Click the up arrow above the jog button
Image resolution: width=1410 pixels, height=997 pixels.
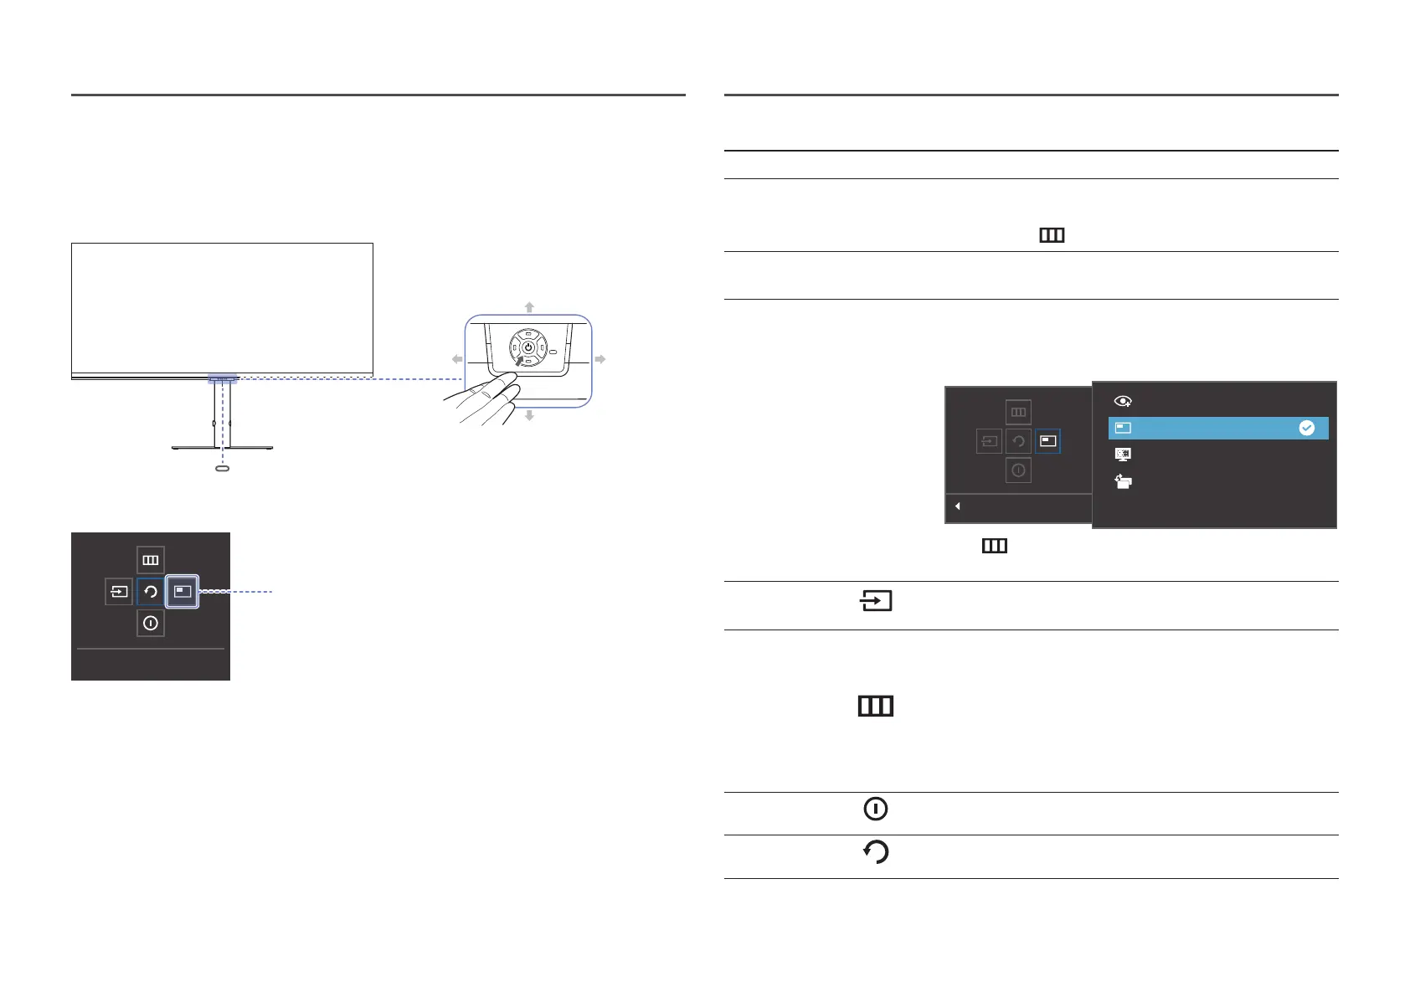pyautogui.click(x=529, y=307)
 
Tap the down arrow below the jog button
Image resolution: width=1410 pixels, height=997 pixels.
pyautogui.click(x=529, y=415)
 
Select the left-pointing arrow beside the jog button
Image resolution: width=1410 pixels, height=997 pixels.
pyautogui.click(x=457, y=359)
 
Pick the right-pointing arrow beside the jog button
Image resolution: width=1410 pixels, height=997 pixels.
pyautogui.click(x=600, y=359)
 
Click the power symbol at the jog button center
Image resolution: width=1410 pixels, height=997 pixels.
pyautogui.click(x=528, y=347)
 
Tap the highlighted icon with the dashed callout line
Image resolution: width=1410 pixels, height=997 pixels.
pyautogui.click(x=183, y=592)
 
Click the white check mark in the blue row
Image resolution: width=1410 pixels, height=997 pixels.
pyautogui.click(x=1306, y=428)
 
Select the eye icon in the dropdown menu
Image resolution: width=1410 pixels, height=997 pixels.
pyautogui.click(x=1124, y=402)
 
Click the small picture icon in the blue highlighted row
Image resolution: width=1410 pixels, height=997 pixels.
pyautogui.click(x=1124, y=428)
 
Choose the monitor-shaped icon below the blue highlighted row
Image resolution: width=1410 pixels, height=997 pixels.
pyautogui.click(x=1124, y=455)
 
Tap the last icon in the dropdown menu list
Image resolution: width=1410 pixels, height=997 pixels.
pyautogui.click(x=1124, y=481)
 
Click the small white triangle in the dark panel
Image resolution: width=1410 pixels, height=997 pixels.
pyautogui.click(x=957, y=506)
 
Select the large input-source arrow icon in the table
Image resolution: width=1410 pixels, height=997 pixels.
pyautogui.click(x=876, y=601)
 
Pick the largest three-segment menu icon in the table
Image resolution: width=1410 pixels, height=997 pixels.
pyautogui.click(x=876, y=707)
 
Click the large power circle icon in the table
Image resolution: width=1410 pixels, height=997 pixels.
pyautogui.click(x=876, y=809)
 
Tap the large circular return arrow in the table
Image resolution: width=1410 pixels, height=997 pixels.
pyautogui.click(x=876, y=852)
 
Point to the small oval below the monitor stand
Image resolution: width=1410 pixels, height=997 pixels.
pyautogui.click(x=222, y=469)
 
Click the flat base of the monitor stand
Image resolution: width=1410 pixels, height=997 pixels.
pyautogui.click(x=222, y=448)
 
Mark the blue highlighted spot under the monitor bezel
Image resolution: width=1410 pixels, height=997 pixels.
pyautogui.click(x=223, y=379)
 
